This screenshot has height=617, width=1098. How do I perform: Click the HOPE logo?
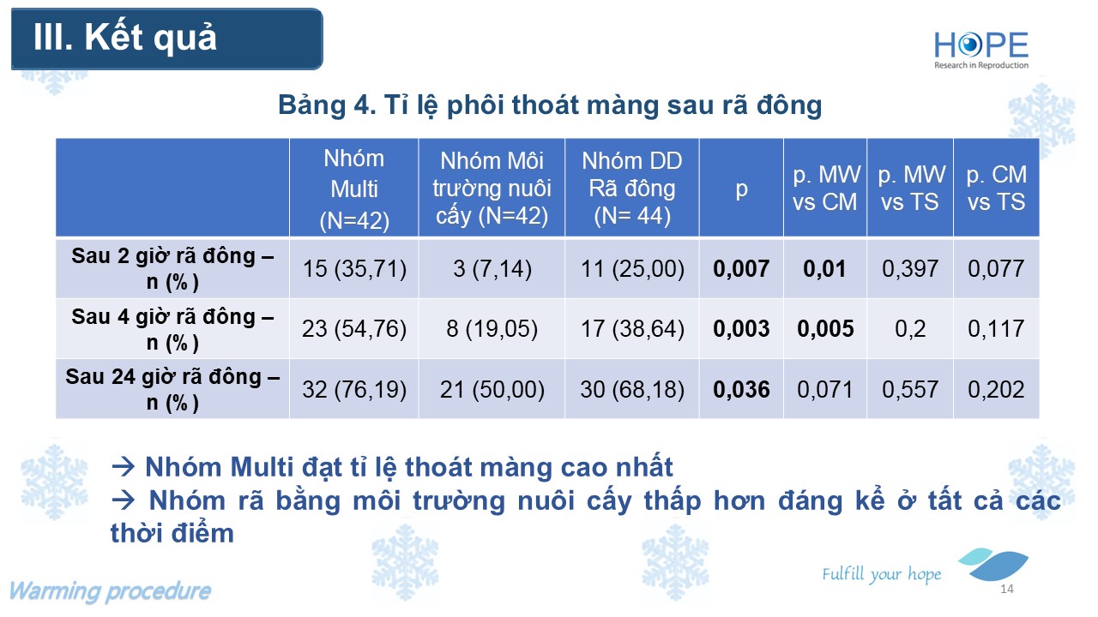(980, 50)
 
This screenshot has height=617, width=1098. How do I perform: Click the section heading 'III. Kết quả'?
(125, 38)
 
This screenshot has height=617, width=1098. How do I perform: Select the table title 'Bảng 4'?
(327, 105)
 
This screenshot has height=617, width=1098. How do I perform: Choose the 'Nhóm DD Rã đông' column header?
(632, 188)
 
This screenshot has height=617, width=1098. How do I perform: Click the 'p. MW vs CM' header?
(825, 188)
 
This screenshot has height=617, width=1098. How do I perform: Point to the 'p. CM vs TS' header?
(996, 188)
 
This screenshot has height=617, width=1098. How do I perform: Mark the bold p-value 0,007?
(741, 268)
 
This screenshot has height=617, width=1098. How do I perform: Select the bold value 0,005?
(825, 328)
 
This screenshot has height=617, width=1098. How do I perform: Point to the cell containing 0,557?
(910, 389)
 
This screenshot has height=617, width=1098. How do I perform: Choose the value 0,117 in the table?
(996, 328)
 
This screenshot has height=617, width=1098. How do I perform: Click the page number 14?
(1007, 589)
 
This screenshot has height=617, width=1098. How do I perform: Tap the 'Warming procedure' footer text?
(111, 591)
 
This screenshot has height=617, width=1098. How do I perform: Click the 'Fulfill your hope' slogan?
(882, 574)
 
